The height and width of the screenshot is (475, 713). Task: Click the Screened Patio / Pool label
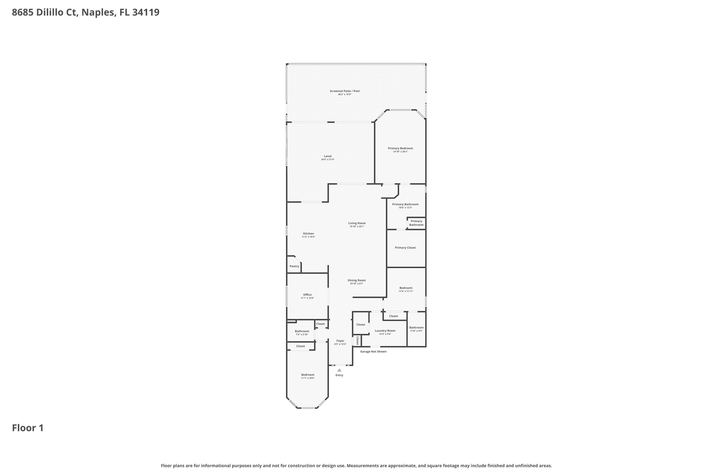point(344,91)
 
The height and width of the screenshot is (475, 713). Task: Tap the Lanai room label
point(328,156)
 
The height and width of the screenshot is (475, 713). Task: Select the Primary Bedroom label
point(400,148)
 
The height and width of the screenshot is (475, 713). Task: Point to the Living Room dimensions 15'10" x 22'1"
point(357,227)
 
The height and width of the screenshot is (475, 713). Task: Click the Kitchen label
point(308,233)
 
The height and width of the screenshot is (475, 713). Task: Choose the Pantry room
point(294,266)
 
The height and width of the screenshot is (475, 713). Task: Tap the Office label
point(307,295)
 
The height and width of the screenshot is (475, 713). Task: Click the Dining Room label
point(356,280)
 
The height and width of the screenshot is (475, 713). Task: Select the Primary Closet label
point(405,248)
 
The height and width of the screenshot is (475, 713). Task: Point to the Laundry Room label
point(385,331)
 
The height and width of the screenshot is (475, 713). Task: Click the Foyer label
point(340,341)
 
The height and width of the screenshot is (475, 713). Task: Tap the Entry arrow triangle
point(339,370)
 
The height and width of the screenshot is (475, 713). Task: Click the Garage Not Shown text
point(373,351)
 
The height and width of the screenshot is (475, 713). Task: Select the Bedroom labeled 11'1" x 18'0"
point(308,375)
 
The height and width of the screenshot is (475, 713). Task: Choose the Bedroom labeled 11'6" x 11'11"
point(406,288)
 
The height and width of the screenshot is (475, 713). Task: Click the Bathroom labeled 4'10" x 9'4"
point(416,327)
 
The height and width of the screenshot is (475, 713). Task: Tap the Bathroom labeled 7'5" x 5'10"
point(302,331)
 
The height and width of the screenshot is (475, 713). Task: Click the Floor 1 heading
point(28,428)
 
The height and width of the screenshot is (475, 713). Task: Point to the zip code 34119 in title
point(146,13)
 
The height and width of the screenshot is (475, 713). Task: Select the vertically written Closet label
point(357,341)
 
